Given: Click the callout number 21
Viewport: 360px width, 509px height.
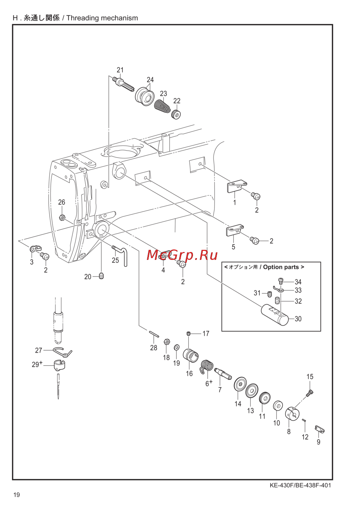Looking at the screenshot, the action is click(x=120, y=70).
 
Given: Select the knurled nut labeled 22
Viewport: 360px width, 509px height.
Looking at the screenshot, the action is click(x=176, y=113).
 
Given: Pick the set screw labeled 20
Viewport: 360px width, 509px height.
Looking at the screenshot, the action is click(x=102, y=276).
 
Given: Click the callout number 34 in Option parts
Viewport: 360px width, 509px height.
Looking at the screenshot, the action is click(x=298, y=282).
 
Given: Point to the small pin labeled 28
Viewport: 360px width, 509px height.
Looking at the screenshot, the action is click(x=154, y=334).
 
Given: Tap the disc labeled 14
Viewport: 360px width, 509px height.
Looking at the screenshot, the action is click(x=240, y=383).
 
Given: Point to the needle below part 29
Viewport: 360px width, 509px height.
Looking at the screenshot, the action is click(x=58, y=386).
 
